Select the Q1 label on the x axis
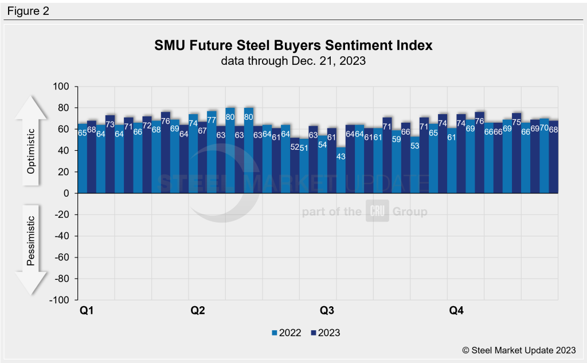tap(87, 311)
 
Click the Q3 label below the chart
tap(327, 311)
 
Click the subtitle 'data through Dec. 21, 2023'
tap(293, 61)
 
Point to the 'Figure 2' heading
tap(28, 10)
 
